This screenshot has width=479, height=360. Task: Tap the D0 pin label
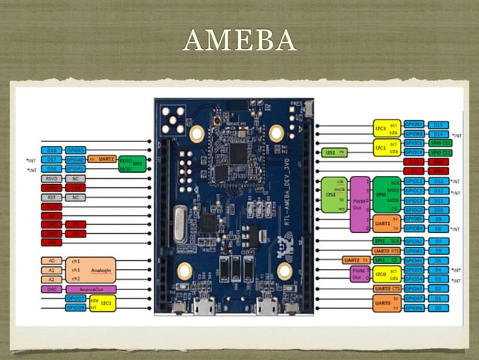click(440, 307)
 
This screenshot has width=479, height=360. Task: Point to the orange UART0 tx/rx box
click(381, 302)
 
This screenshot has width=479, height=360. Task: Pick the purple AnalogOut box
click(90, 289)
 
